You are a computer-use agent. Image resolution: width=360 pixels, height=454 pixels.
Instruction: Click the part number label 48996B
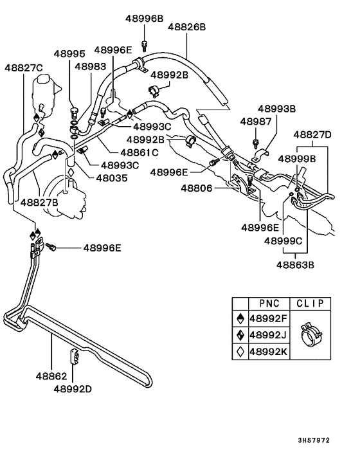(x=144, y=19)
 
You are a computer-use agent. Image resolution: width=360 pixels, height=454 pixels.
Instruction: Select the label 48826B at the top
(x=186, y=27)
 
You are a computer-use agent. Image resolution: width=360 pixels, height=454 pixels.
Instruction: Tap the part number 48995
(x=69, y=55)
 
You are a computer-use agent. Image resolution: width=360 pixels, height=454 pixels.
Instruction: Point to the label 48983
(x=90, y=66)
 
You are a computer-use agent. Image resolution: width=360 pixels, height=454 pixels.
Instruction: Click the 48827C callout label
(x=24, y=68)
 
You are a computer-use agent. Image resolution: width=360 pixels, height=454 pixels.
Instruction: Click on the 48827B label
(x=40, y=202)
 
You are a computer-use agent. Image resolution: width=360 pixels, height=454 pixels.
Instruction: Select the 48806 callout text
(x=196, y=188)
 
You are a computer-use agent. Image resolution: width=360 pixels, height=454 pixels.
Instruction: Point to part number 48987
(x=255, y=121)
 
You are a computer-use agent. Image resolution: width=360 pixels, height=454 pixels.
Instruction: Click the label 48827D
(x=312, y=135)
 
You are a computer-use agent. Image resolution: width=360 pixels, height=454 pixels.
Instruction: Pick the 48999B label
(x=297, y=158)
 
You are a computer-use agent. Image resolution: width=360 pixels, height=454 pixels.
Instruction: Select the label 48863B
(x=296, y=264)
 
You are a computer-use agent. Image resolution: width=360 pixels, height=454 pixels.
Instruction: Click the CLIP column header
(x=311, y=303)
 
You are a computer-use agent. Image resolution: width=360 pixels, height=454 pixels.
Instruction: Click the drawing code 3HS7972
(x=332, y=441)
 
